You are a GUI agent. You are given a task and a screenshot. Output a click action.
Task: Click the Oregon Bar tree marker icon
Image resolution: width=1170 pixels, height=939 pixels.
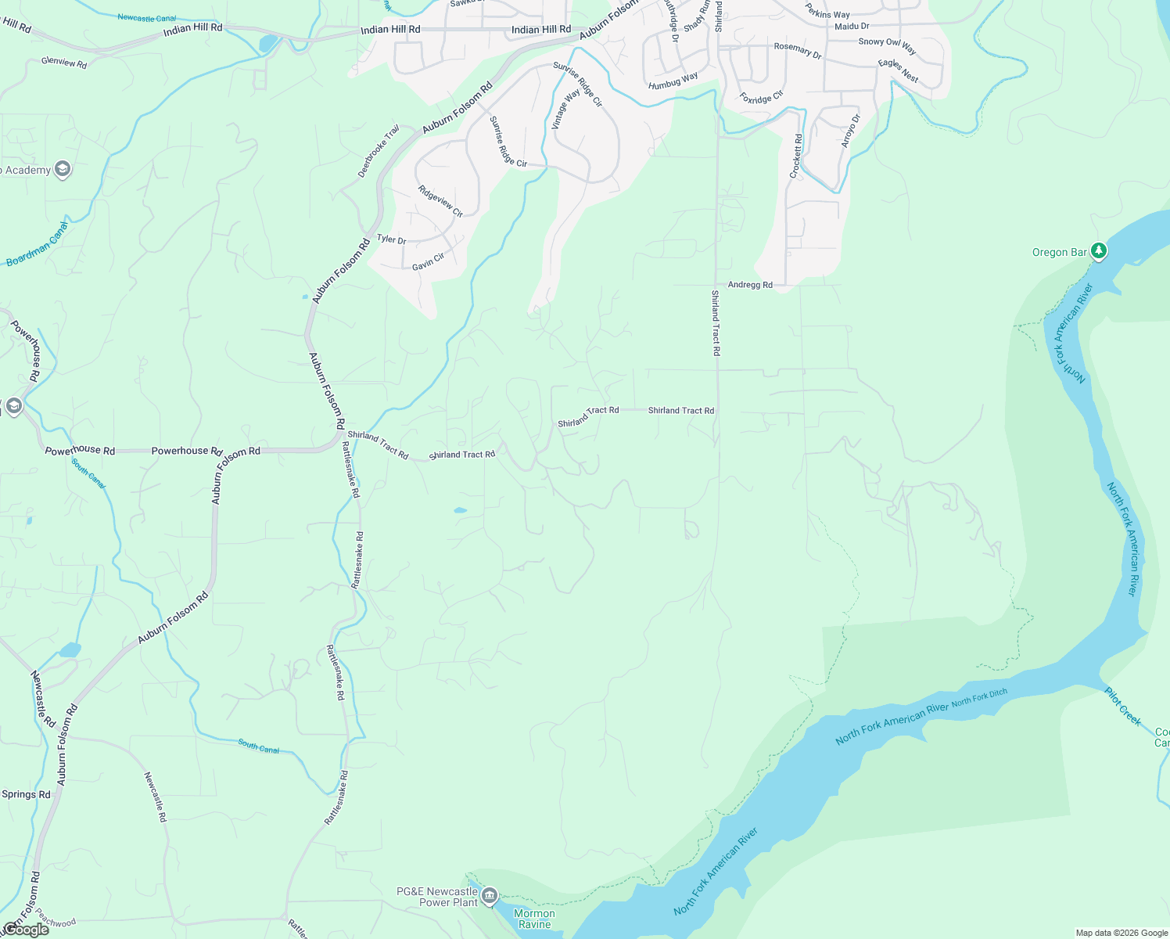click(1100, 250)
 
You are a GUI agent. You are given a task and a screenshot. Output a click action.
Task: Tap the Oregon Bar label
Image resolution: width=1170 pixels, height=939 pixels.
click(1060, 252)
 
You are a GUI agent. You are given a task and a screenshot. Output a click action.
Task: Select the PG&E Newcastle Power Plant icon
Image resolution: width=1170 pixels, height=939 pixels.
click(490, 895)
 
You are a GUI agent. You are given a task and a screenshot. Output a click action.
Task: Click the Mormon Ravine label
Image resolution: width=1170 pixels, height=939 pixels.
click(534, 919)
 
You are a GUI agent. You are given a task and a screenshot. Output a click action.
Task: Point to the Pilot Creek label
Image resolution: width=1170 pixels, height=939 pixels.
click(1122, 705)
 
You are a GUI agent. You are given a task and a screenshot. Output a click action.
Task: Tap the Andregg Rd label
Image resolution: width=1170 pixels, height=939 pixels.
click(750, 285)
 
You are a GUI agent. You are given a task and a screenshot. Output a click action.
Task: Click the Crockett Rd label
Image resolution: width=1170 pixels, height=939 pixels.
click(795, 156)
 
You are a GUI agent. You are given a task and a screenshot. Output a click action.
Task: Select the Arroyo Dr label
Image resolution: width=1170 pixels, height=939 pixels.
click(850, 131)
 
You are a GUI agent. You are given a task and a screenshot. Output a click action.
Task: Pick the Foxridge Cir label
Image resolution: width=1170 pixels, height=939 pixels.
click(761, 98)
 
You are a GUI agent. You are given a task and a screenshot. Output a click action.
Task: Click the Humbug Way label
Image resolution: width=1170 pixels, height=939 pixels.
click(673, 81)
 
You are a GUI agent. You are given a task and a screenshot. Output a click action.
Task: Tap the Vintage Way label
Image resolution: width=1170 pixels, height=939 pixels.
click(565, 109)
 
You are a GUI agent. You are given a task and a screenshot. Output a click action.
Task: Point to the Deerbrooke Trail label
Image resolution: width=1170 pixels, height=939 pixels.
click(379, 151)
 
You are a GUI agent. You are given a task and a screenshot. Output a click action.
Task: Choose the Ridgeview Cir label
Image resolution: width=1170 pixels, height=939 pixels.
click(440, 201)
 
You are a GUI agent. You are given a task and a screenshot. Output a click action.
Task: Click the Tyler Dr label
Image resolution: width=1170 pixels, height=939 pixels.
click(391, 239)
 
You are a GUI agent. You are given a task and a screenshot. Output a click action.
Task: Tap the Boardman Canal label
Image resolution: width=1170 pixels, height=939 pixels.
click(37, 244)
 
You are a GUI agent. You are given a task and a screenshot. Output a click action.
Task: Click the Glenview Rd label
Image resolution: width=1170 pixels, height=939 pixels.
click(64, 62)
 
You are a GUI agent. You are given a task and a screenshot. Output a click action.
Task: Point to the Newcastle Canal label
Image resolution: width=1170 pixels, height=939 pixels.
click(146, 17)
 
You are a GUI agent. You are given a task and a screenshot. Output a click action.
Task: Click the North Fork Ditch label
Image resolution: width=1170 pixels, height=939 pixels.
click(979, 697)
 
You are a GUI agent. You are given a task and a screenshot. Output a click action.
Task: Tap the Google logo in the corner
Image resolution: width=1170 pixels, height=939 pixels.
click(26, 930)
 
